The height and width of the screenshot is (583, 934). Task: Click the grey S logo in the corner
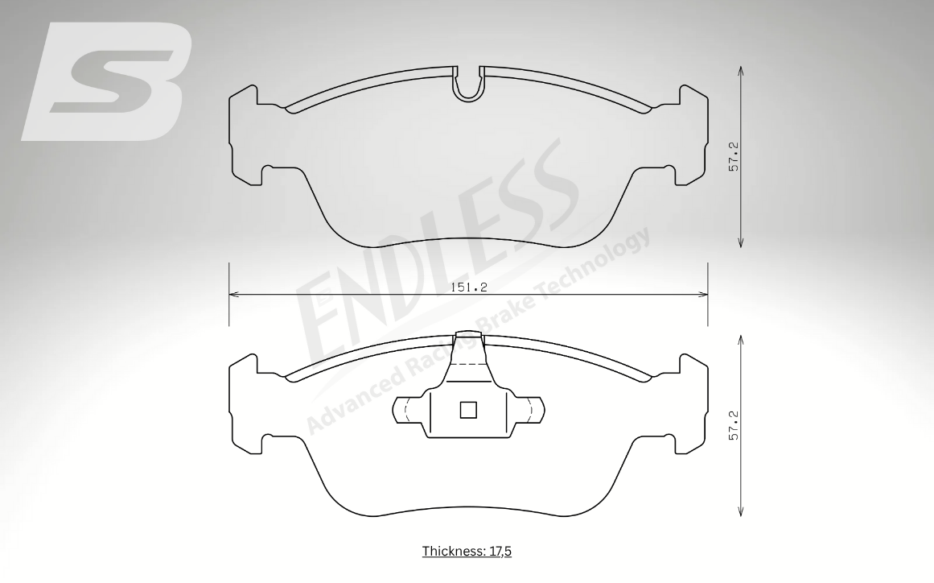(x=107, y=81)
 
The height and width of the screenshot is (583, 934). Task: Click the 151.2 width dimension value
(x=469, y=287)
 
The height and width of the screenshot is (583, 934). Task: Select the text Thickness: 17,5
(x=467, y=551)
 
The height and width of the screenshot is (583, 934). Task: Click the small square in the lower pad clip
(x=468, y=410)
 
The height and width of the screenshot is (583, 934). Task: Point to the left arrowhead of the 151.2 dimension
(x=233, y=294)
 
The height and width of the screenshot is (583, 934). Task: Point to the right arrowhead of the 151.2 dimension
(x=703, y=294)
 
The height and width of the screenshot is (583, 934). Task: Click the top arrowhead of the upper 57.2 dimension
(x=740, y=70)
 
